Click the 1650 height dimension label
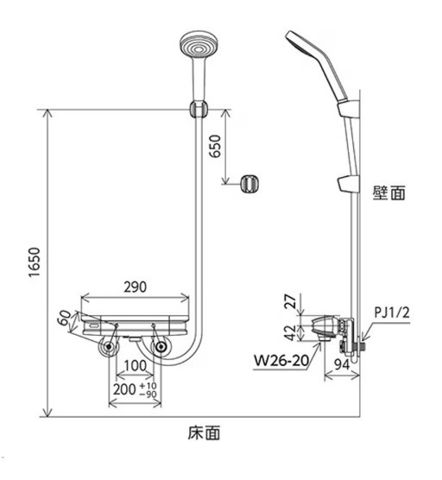point(35,262)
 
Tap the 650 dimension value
point(215,146)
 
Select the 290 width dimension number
point(135,287)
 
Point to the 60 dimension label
point(65,317)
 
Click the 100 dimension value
point(136,365)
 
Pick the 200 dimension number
point(124,389)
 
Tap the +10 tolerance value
point(148,385)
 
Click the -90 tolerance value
point(148,394)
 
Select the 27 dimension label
point(292,300)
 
